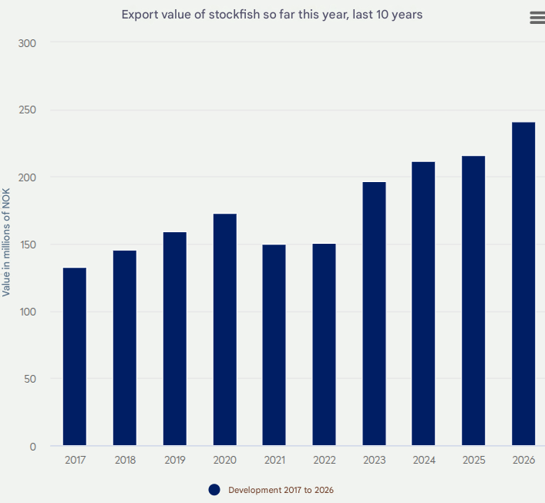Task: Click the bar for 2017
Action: coord(75,356)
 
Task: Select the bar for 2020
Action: coord(224,329)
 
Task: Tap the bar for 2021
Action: coord(274,345)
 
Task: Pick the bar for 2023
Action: coord(374,313)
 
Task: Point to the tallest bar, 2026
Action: coord(523,284)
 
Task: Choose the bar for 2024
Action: coord(423,304)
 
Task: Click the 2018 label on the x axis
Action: coord(125,460)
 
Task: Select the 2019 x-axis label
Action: coord(175,460)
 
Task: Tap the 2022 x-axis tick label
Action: coord(325,460)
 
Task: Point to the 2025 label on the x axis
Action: coord(473,460)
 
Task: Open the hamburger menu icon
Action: coord(537,18)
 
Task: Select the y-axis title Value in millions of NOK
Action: coord(7,242)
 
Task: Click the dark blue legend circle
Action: coord(214,490)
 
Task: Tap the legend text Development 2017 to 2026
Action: coord(281,490)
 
